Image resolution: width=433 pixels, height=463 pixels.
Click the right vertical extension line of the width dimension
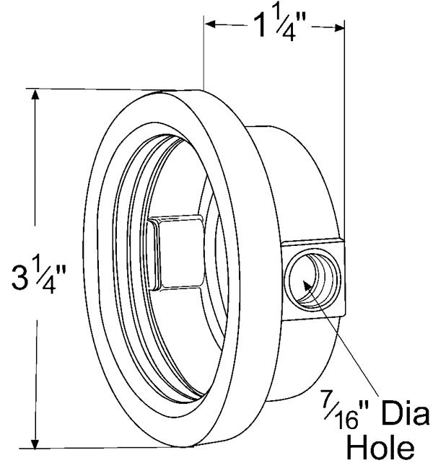point(343,108)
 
